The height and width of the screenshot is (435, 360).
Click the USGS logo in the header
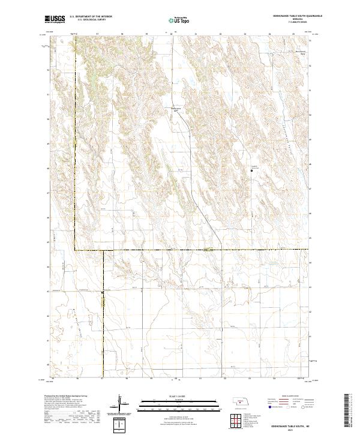(x=55, y=20)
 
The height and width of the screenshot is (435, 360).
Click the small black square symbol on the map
(x=251, y=171)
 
